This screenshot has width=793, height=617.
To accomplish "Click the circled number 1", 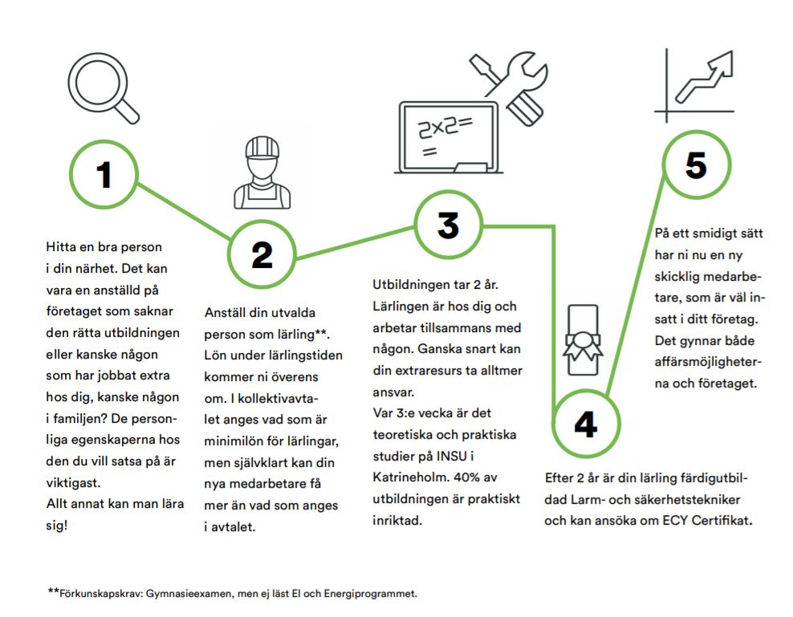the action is pos(104,174).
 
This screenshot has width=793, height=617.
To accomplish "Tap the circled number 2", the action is pos(262,254).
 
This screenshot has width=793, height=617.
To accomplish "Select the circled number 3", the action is pos(448,225).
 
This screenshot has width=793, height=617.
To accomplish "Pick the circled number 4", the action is pos(586,424).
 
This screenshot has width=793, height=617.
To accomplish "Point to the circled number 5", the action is pos(697,164).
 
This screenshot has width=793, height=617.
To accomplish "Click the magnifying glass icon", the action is pos(104,88).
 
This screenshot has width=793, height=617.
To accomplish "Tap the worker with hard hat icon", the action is pos(262,173).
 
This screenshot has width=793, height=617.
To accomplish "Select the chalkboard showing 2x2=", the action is pos(448,137).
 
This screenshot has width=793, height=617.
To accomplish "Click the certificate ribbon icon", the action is pos(584,340).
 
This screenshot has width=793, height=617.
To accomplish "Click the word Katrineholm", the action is pos(409,477).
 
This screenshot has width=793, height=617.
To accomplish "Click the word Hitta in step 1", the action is pos(60,247).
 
